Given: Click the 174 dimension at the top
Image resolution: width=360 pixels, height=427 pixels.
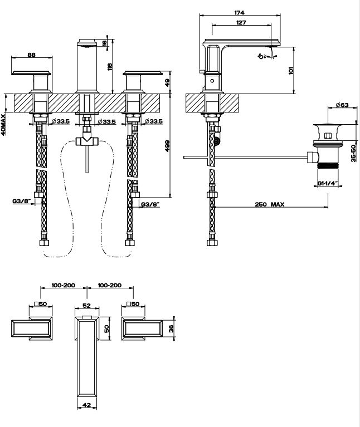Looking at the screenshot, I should [x=240, y=12].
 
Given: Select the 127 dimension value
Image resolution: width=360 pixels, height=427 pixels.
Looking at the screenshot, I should [x=241, y=23].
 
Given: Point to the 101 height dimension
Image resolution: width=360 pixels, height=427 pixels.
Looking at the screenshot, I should [x=290, y=70].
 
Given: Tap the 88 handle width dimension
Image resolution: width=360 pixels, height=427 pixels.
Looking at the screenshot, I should [x=31, y=55].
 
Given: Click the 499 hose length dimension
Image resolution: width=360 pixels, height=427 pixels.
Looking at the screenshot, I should [x=167, y=145].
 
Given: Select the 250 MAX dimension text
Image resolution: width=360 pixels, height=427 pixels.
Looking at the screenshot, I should [x=270, y=204].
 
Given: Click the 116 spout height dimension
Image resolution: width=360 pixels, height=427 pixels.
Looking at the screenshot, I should [x=110, y=67].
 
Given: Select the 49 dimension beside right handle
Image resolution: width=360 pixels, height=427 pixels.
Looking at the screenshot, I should [x=167, y=82].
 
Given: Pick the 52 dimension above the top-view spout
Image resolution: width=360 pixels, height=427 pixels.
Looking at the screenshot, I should [x=86, y=305].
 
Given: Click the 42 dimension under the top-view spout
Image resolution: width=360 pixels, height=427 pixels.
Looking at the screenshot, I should [x=86, y=406].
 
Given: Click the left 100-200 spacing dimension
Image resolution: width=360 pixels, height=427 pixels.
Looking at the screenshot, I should [x=63, y=285].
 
